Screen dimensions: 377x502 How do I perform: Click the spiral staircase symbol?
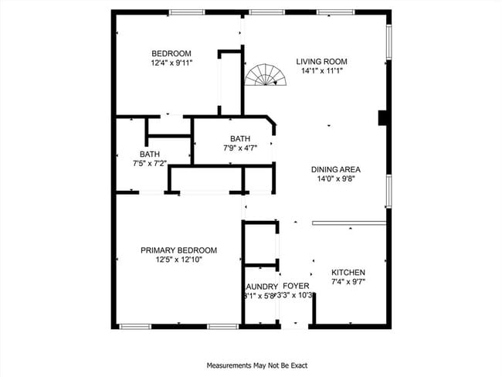[264, 75]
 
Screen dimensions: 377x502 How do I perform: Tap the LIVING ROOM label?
[322, 62]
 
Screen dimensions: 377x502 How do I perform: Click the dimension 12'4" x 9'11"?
[171, 63]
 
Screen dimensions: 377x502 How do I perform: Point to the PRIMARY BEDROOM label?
[178, 250]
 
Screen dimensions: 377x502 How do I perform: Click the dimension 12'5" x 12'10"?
[178, 260]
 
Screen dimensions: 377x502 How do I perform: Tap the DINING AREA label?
[336, 170]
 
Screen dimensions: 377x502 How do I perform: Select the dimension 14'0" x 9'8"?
[336, 179]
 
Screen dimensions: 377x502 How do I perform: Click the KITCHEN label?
[348, 273]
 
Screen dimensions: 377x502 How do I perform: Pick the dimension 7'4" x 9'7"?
[348, 282]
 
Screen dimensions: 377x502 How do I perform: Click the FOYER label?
[296, 286]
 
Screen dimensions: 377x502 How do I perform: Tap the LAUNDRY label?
[261, 286]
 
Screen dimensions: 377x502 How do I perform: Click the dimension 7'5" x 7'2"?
[150, 163]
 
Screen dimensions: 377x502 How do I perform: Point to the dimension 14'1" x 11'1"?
[322, 71]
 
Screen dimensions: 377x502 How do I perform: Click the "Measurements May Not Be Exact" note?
[250, 365]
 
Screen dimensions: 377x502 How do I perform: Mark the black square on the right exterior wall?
[382, 117]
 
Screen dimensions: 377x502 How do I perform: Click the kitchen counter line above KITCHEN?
[348, 223]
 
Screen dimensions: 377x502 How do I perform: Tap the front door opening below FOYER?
[294, 326]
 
